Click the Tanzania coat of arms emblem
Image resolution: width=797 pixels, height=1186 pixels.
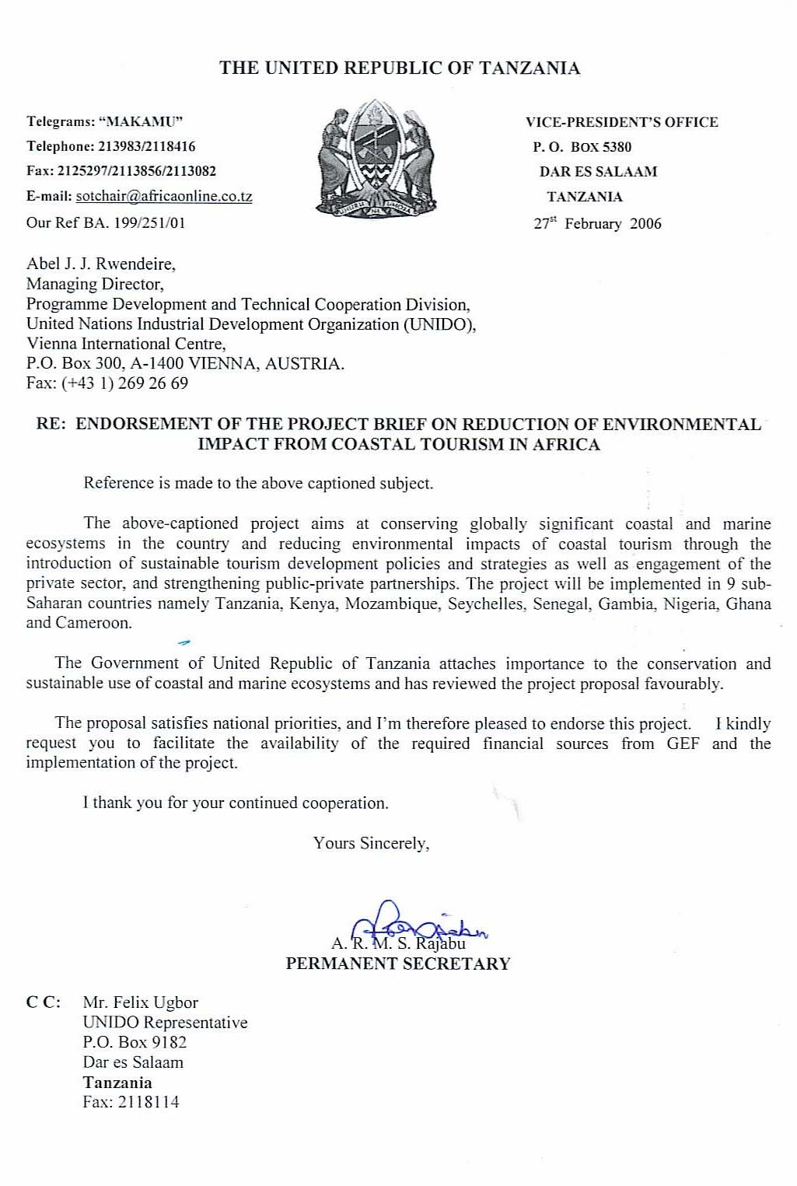[376, 160]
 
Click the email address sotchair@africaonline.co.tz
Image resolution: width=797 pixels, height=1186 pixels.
[164, 196]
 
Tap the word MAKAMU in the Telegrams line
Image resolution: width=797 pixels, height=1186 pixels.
[144, 121]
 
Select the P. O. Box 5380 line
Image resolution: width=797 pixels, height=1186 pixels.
[582, 147]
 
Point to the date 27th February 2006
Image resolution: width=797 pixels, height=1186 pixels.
[597, 223]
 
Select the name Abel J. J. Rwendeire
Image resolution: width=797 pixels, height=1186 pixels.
[101, 264]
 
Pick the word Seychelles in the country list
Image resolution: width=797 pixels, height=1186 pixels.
[485, 603]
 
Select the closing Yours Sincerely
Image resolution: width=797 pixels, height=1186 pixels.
[372, 843]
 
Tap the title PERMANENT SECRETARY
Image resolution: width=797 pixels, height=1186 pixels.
[398, 964]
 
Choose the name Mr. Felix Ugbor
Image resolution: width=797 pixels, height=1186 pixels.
[141, 1002]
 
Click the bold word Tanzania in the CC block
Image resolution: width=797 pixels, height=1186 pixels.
[117, 1083]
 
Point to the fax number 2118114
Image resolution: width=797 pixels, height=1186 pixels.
[149, 1102]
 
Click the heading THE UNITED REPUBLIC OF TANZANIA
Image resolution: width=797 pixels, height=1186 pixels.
[400, 68]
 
